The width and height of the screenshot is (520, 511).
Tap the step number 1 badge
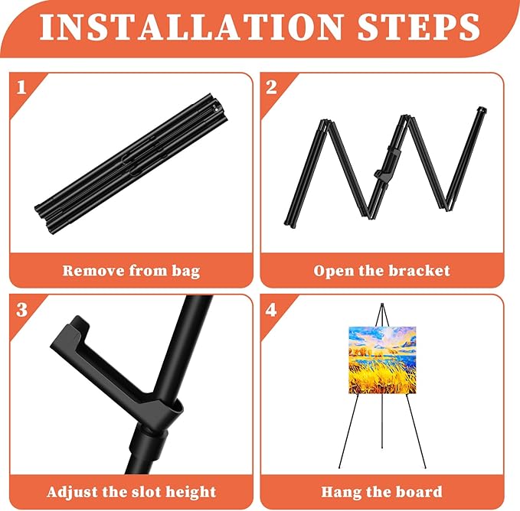tap(21, 86)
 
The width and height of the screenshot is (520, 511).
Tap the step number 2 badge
tap(272, 86)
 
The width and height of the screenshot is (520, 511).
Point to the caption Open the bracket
tap(382, 270)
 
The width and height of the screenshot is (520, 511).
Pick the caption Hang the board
tap(382, 491)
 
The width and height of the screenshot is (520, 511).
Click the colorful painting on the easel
tap(382, 360)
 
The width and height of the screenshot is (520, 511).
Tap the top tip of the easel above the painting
tap(381, 307)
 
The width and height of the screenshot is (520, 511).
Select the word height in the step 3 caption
tap(189, 491)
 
